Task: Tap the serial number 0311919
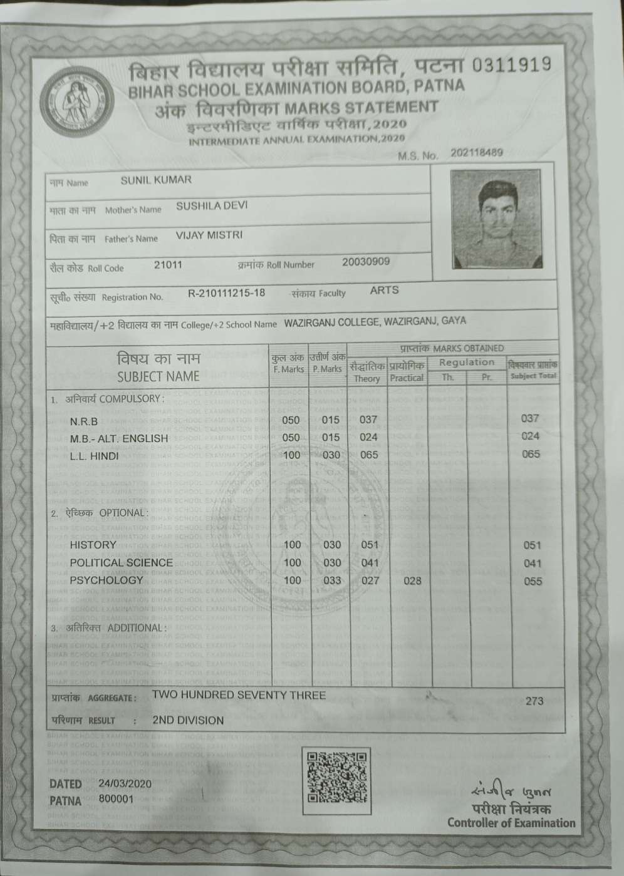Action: (x=512, y=64)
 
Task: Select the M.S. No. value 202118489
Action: (x=476, y=153)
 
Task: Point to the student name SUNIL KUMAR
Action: (x=156, y=180)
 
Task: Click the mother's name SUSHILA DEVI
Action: (x=212, y=206)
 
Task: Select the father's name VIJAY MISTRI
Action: (x=209, y=235)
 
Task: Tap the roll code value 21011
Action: (x=168, y=265)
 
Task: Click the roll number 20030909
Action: (x=365, y=262)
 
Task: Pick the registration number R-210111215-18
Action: (x=226, y=293)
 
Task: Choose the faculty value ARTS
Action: (x=384, y=290)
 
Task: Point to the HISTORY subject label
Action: (x=93, y=545)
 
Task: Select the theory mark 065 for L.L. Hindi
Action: (x=369, y=455)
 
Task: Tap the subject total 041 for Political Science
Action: (x=532, y=564)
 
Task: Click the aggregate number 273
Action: (x=534, y=701)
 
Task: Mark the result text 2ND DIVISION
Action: (x=188, y=721)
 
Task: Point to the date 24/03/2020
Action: (x=125, y=783)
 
